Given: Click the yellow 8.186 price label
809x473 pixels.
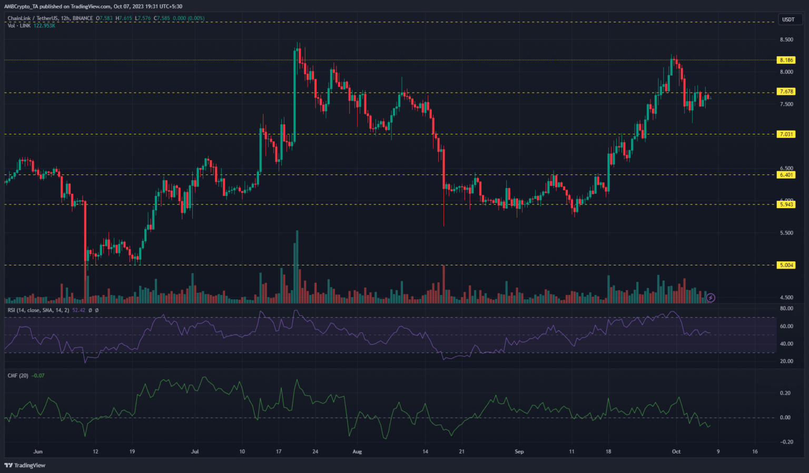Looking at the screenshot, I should click(786, 60).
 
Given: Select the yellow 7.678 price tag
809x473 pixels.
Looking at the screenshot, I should click(786, 92).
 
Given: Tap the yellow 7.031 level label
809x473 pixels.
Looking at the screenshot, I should click(786, 134).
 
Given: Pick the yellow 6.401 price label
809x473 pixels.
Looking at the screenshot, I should click(786, 175).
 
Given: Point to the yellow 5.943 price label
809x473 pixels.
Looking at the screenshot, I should click(786, 204).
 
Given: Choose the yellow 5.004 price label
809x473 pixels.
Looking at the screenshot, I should click(786, 265).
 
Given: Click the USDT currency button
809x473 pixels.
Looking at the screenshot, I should click(788, 19).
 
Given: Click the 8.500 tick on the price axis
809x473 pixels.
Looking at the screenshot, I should click(786, 40).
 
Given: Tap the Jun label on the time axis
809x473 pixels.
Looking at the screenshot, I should click(37, 451).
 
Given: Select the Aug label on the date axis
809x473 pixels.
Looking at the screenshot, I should click(357, 451).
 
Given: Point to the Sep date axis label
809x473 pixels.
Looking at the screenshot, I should click(519, 451).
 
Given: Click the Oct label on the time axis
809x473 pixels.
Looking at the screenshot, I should click(676, 451).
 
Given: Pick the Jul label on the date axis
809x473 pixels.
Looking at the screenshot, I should click(195, 451).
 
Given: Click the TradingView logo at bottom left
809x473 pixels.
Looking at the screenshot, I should click(25, 465).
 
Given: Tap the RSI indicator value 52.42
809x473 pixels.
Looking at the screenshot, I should click(78, 310).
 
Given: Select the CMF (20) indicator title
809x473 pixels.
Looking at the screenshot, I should click(18, 376).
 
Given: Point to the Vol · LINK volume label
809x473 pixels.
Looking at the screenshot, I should click(19, 25).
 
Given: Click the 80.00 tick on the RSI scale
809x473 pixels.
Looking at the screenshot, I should click(786, 309).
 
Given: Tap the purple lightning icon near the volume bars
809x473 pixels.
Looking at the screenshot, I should click(711, 298).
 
